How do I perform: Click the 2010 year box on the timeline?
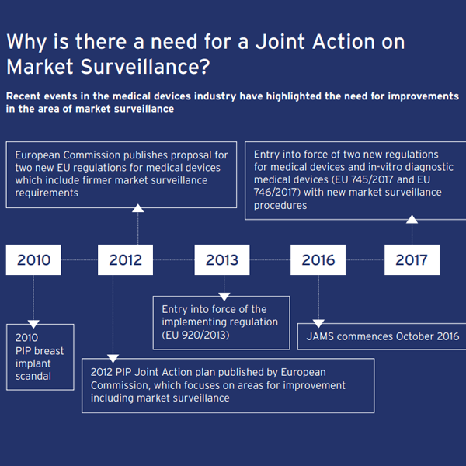[33, 259]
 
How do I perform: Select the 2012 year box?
[126, 259]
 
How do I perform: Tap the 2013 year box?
[222, 259]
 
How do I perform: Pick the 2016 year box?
[318, 259]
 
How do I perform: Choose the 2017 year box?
[412, 259]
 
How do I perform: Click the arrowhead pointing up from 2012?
[137, 207]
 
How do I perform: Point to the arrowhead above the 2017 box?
[412, 219]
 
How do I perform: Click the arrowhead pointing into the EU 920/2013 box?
[224, 296]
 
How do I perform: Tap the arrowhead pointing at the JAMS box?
[318, 323]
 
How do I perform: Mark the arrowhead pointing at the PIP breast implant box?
[33, 323]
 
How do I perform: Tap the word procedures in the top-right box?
[280, 205]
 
